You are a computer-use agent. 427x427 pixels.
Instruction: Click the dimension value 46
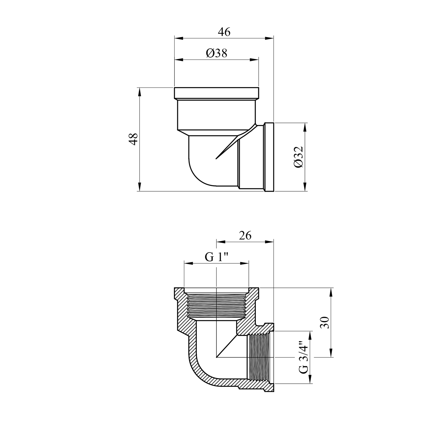[224, 32]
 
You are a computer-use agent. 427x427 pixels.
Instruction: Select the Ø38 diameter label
[217, 53]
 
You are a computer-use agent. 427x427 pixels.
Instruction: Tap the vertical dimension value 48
[134, 139]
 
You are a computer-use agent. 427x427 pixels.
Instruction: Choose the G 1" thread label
[217, 257]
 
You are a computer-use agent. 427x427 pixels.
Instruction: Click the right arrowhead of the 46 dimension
[269, 38]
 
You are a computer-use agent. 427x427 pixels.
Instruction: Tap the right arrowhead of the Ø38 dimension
[254, 59]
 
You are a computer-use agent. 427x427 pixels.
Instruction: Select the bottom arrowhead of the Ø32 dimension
[305, 187]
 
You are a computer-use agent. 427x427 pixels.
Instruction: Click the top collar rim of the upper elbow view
[216, 93]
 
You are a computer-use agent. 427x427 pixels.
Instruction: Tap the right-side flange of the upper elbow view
[269, 157]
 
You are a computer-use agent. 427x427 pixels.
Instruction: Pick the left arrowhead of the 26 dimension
[221, 242]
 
